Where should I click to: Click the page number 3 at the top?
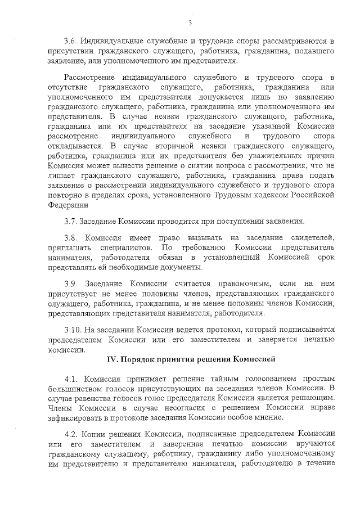[190, 23]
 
